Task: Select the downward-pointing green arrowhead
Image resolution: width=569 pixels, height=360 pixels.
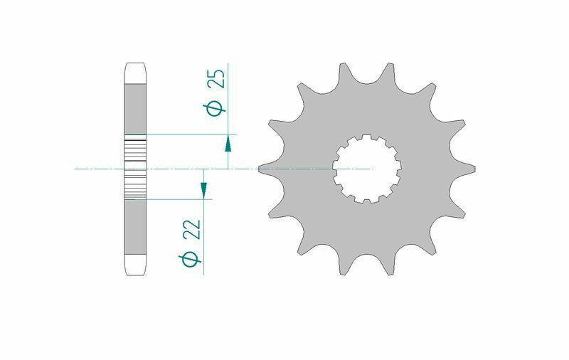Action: click(x=203, y=189)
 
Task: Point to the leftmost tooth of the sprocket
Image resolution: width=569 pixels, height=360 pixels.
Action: click(x=265, y=168)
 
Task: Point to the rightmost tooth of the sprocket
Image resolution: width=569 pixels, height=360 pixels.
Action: click(x=469, y=169)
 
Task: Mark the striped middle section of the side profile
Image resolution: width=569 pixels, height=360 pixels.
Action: click(x=135, y=168)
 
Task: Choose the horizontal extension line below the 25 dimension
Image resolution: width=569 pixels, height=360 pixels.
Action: click(x=192, y=134)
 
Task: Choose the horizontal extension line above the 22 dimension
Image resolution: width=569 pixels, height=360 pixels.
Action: click(x=178, y=199)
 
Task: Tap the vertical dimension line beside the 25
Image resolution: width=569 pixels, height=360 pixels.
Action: click(x=228, y=100)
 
